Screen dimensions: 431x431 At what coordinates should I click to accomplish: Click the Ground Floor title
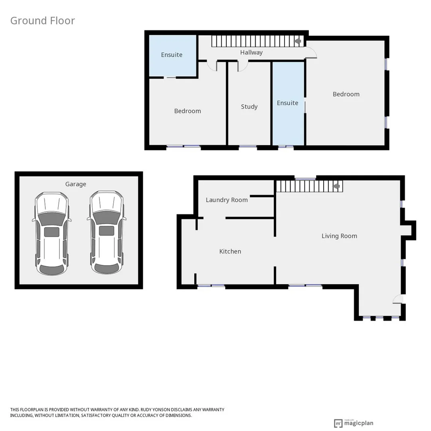(42, 21)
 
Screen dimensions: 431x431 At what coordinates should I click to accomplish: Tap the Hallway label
(251, 52)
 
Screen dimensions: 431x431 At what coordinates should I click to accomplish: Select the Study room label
(249, 107)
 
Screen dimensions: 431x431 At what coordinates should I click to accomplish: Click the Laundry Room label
(227, 200)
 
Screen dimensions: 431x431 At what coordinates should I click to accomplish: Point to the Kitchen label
(230, 251)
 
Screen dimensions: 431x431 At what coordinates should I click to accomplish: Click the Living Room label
(339, 236)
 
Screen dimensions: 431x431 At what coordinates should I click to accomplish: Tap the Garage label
(75, 184)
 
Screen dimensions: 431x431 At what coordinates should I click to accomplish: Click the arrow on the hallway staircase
(297, 41)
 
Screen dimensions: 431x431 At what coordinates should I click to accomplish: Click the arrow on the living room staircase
(336, 186)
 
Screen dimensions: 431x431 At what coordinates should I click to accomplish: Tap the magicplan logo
(354, 423)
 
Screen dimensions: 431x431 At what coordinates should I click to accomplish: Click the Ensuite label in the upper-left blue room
(172, 55)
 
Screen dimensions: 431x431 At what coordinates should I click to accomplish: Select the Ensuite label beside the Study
(287, 103)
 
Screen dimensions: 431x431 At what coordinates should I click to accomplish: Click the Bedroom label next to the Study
(188, 111)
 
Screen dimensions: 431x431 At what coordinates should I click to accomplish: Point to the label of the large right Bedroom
(346, 94)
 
